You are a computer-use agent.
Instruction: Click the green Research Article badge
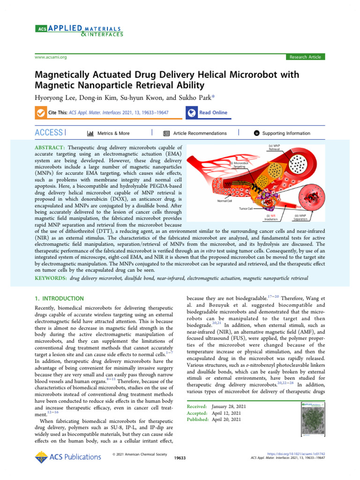(x=305, y=57)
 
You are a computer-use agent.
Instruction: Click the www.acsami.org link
(x=51, y=57)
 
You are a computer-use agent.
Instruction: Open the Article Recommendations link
(x=199, y=133)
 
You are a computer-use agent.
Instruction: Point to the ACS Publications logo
(x=68, y=456)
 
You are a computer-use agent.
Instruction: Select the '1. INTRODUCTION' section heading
(x=60, y=299)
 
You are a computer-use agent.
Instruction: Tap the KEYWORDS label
(x=51, y=278)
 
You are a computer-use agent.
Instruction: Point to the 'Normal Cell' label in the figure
(x=225, y=201)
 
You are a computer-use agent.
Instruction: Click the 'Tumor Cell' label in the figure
(x=247, y=209)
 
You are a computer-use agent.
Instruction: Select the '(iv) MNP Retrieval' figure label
(x=274, y=147)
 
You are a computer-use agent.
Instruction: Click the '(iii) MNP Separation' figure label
(x=300, y=217)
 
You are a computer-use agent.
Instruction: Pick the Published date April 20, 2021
(x=226, y=420)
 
